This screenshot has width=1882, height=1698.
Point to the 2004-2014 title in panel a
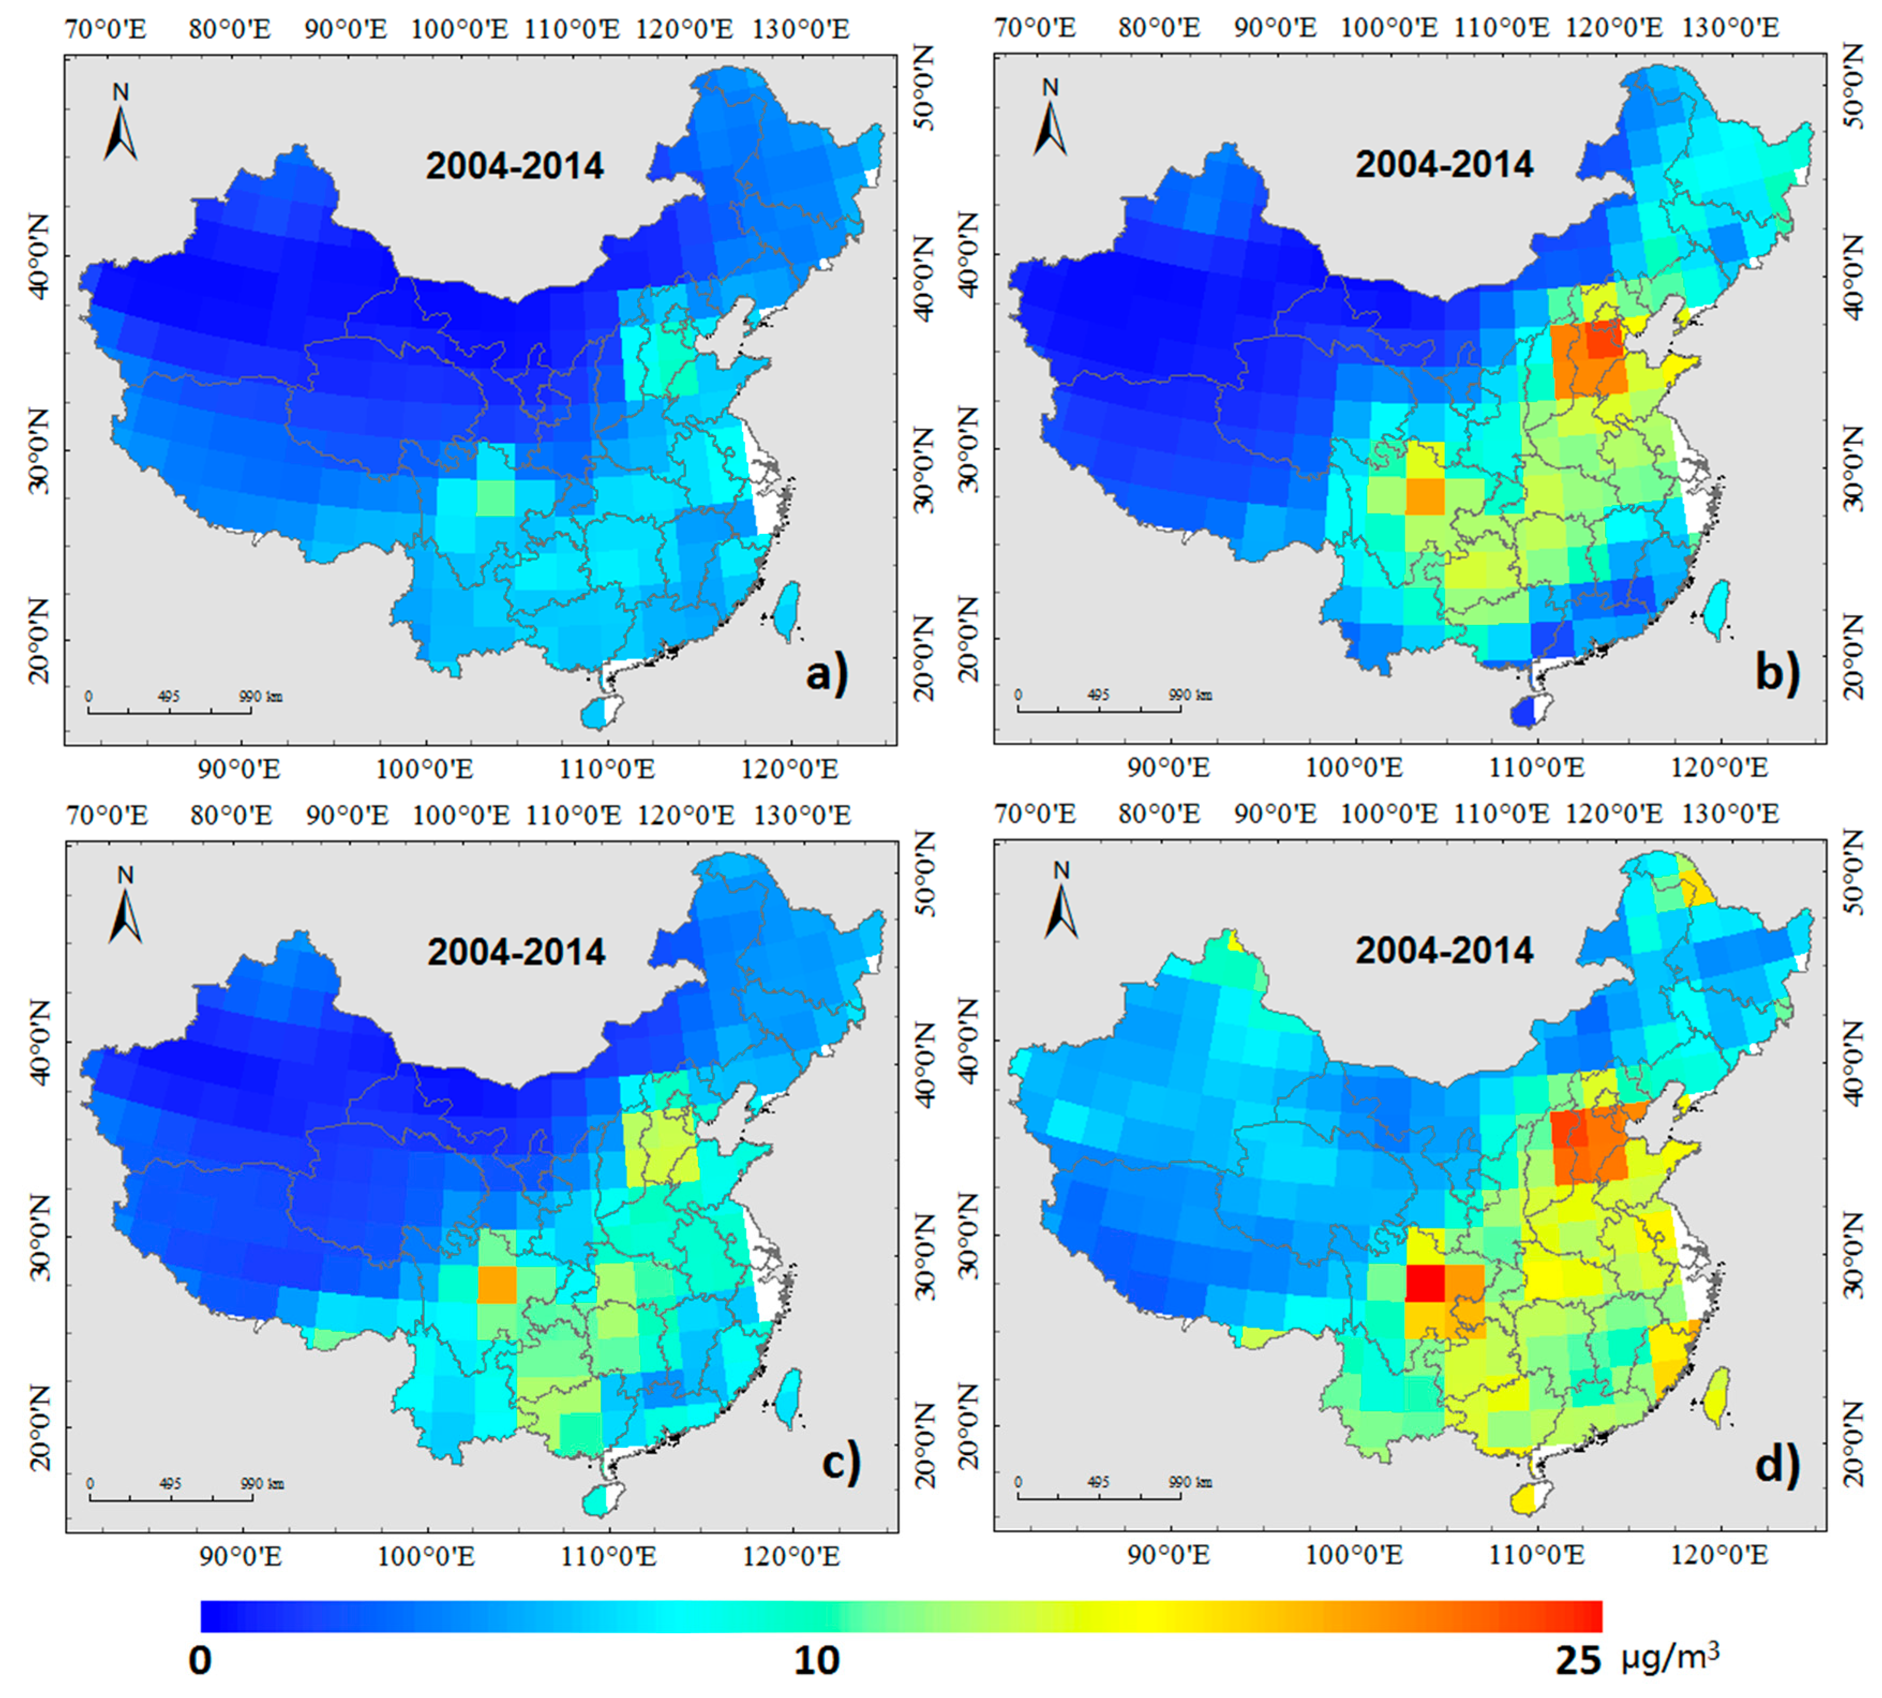click(x=515, y=166)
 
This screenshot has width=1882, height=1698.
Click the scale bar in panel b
click(x=1099, y=709)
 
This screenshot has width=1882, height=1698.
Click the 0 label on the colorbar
click(x=200, y=1660)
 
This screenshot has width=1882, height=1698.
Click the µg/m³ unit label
click(x=1669, y=1657)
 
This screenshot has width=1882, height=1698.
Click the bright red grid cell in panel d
click(x=1424, y=1282)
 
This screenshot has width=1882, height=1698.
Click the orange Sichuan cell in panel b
click(x=1424, y=495)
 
